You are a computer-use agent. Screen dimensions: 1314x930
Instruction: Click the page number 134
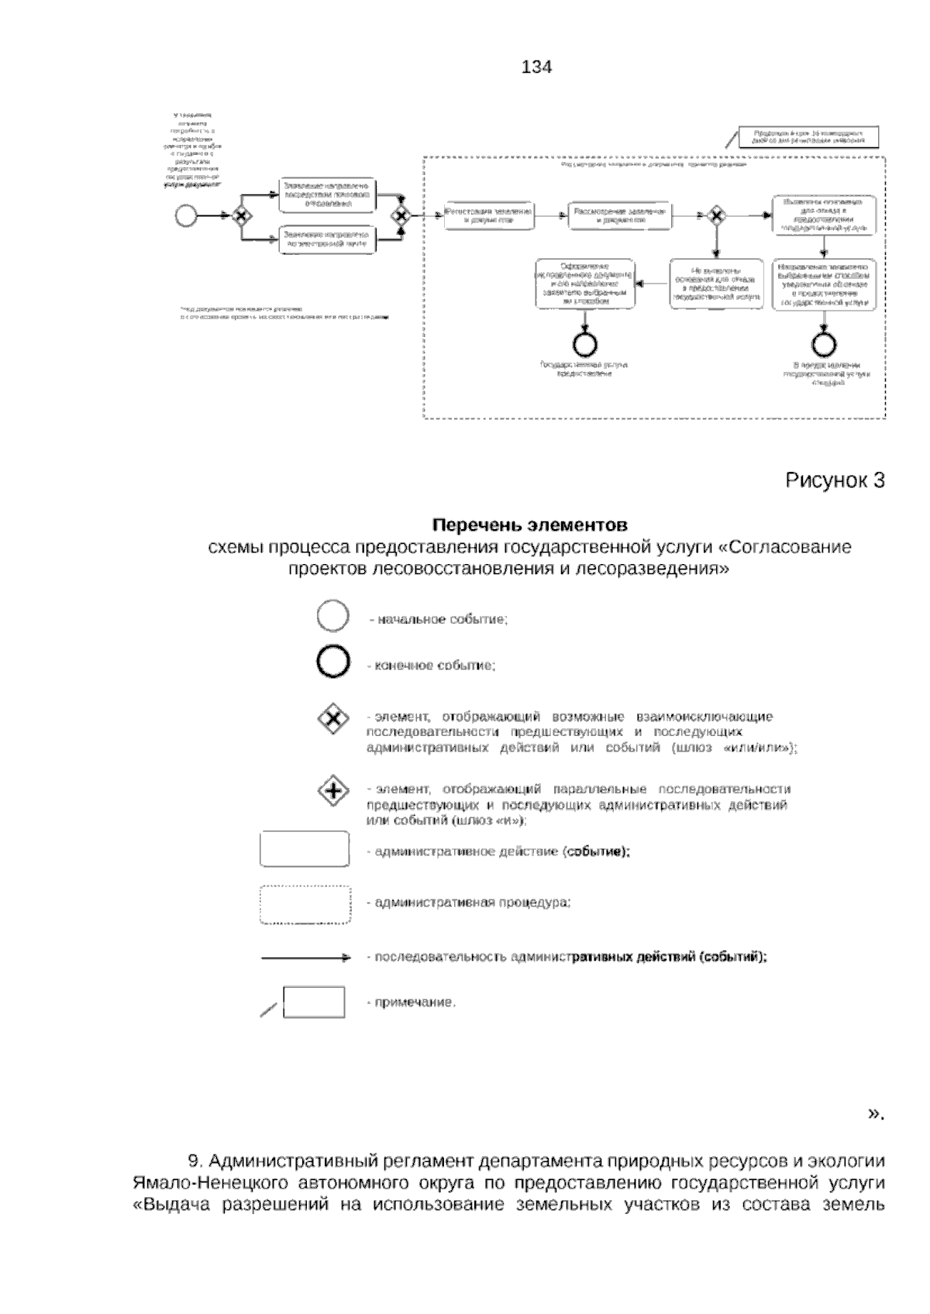[537, 67]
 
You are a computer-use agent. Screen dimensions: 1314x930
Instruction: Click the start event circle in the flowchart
[187, 215]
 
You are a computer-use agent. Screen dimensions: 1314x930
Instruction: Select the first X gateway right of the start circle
[241, 215]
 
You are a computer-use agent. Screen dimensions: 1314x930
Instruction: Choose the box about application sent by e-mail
[328, 239]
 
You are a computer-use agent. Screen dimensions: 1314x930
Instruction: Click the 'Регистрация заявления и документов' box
[489, 215]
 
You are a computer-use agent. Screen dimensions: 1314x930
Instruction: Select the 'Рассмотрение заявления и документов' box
[620, 215]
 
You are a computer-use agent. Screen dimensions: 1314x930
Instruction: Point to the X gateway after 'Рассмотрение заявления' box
[717, 215]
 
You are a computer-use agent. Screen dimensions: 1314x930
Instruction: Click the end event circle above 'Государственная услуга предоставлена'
[584, 342]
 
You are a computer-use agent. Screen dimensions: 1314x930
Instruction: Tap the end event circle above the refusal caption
[823, 342]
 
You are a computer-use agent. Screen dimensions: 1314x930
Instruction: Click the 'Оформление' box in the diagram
[584, 284]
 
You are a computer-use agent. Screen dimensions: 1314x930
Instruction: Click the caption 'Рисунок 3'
[835, 480]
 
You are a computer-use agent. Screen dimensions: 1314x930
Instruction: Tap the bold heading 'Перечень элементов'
[529, 525]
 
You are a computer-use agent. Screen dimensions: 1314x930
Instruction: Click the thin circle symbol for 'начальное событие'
[333, 618]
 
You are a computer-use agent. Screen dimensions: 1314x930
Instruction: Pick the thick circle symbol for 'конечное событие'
[333, 664]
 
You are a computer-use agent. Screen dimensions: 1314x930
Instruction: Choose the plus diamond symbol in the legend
[333, 791]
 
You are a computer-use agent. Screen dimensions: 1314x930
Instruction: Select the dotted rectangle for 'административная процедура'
[305, 904]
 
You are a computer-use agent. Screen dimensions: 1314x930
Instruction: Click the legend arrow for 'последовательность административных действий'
[306, 958]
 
